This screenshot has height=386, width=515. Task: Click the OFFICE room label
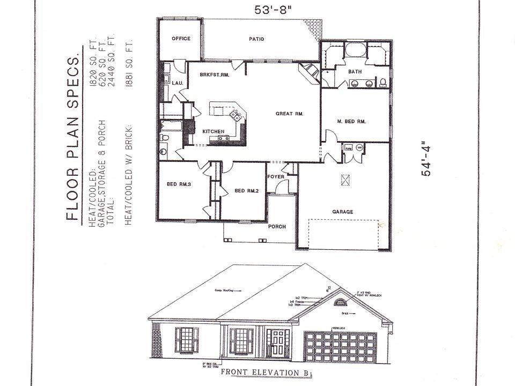(x=181, y=39)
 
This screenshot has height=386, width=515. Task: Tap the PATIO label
(x=256, y=39)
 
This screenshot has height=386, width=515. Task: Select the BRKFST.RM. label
(x=214, y=75)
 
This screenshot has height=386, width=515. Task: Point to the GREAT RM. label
(x=290, y=114)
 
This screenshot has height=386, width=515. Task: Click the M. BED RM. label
(x=351, y=122)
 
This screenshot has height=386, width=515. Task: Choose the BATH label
(x=355, y=71)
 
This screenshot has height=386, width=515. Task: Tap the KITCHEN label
(x=213, y=131)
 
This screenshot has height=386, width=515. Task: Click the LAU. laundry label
(x=177, y=83)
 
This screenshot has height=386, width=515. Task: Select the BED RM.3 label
(x=179, y=184)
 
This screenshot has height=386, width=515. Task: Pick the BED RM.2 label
(x=247, y=191)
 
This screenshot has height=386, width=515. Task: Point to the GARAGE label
(x=343, y=212)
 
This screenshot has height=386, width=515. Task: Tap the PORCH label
(x=277, y=226)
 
